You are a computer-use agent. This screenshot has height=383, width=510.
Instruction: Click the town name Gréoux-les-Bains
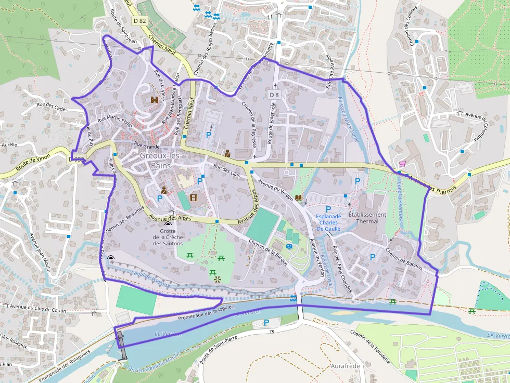click(x=160, y=160)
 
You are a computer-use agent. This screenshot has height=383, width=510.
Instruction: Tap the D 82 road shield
click(x=139, y=21)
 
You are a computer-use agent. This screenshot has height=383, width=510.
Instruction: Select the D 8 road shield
click(x=274, y=95)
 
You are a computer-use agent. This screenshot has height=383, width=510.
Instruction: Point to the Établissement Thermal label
click(x=367, y=218)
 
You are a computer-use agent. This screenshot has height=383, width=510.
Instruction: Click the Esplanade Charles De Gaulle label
click(x=328, y=222)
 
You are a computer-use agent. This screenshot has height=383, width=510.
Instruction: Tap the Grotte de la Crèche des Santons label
click(x=168, y=237)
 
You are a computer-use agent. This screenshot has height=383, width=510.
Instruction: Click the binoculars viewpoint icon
click(x=155, y=100)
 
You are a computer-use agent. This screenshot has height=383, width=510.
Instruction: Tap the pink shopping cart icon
click(x=402, y=163)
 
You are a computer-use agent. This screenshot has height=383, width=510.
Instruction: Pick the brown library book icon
click(x=299, y=197)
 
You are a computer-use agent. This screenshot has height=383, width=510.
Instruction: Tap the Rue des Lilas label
click(x=226, y=171)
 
